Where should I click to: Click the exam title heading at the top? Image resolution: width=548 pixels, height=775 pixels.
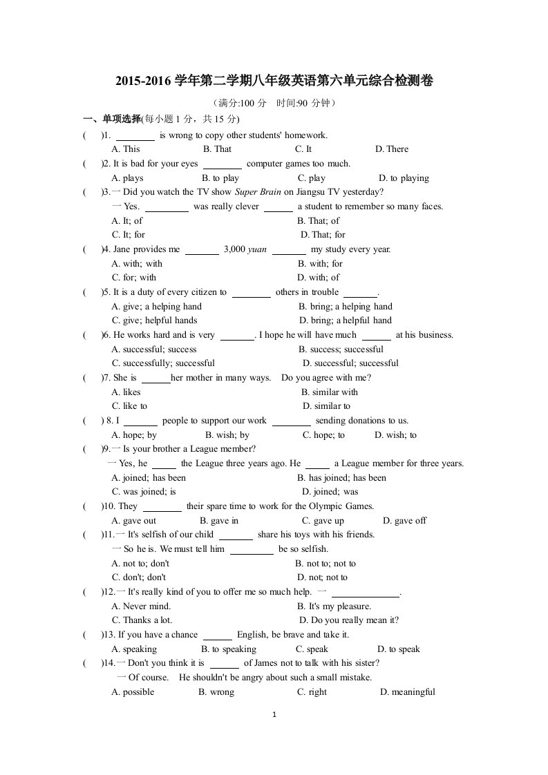tap(274, 82)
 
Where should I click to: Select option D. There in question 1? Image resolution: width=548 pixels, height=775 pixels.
tap(392, 149)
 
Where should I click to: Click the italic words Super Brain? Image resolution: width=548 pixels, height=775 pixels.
tap(254, 192)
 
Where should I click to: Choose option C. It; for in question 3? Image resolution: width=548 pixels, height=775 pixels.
tap(129, 235)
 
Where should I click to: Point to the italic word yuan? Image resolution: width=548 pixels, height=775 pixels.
tap(256, 249)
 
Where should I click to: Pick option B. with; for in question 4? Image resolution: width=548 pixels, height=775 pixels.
tap(320, 264)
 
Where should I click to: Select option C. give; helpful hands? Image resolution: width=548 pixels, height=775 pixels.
tap(154, 320)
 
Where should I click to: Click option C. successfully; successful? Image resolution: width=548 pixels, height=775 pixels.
tap(163, 363)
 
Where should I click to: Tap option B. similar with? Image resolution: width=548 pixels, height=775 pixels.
tap(330, 392)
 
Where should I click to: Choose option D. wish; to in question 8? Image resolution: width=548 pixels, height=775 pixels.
tap(395, 435)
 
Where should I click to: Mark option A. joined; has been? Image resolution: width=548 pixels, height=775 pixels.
tap(149, 478)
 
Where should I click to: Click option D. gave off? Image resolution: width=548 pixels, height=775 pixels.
tap(404, 521)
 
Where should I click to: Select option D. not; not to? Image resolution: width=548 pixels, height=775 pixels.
tap(322, 577)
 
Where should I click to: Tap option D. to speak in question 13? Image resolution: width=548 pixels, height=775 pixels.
tap(398, 649)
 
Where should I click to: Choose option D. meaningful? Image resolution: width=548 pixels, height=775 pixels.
tap(407, 692)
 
